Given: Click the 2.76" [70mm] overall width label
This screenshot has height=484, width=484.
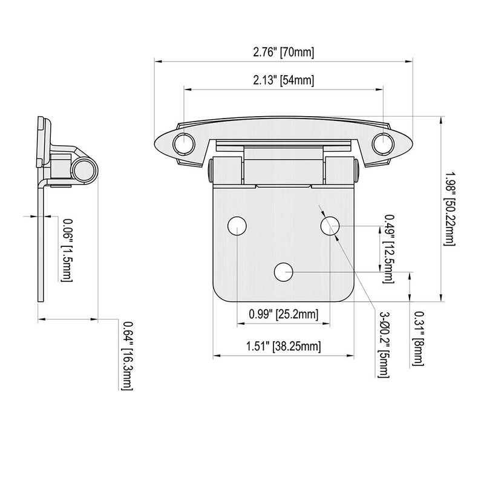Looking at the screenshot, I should click(x=284, y=52).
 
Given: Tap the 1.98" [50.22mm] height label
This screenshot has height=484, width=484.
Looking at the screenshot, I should click(x=449, y=208).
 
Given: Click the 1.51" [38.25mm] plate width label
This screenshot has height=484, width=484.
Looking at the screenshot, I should click(x=283, y=347).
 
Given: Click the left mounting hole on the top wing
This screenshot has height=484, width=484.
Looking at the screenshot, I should click(x=183, y=143).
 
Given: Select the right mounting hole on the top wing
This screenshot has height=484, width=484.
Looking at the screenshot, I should click(x=382, y=143).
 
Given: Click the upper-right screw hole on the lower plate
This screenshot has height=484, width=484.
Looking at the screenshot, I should click(x=330, y=226).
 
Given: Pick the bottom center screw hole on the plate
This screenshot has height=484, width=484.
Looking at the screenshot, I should click(x=283, y=272).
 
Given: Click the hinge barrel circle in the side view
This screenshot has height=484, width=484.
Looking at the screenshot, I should click(x=83, y=171).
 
